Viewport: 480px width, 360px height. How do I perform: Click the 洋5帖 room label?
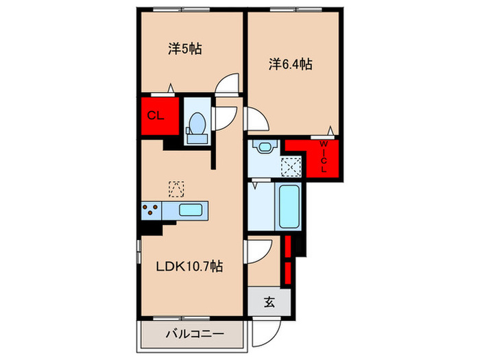[x=185, y=49]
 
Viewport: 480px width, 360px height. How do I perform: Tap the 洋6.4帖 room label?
[x=291, y=64]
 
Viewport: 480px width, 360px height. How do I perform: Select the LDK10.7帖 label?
[x=189, y=267]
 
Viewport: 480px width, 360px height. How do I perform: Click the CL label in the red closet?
[x=156, y=116]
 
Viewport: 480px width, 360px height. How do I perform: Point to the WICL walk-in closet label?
[x=324, y=156]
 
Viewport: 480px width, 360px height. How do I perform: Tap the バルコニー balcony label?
[x=195, y=334]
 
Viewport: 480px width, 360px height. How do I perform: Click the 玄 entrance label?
[x=269, y=302]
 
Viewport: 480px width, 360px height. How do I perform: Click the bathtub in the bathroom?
[x=289, y=206]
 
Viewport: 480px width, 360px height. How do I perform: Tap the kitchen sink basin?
[x=191, y=211]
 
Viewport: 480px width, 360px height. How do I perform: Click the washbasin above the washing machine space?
[x=265, y=146]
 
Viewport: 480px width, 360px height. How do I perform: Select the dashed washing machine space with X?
[x=291, y=167]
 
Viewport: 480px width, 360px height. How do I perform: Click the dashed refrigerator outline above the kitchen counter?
[x=177, y=189]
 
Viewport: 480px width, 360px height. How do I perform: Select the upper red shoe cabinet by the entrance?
[x=288, y=246]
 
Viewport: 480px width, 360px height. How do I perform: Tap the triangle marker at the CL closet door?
[x=171, y=88]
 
